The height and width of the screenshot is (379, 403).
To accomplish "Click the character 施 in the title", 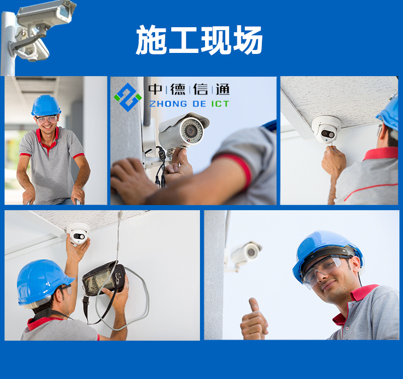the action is [x=151, y=40].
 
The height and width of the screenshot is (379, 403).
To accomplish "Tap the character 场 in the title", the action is [x=248, y=40].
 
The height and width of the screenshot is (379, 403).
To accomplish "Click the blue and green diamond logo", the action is [x=128, y=97].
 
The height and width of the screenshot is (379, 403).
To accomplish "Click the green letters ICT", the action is [x=220, y=104].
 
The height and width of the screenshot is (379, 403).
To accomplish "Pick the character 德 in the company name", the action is [x=178, y=89].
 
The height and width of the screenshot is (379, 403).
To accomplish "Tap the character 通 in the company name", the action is [x=223, y=89].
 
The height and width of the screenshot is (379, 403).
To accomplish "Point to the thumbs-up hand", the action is [x=254, y=320].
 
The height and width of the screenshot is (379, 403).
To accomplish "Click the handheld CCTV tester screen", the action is [x=98, y=279].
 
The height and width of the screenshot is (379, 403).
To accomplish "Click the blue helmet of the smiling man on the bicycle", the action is [x=46, y=106].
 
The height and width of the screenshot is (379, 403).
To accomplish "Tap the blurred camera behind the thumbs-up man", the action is [x=245, y=254].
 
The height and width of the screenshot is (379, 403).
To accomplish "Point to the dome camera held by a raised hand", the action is [x=78, y=233].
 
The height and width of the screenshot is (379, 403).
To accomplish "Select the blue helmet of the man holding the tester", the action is [x=43, y=282].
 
